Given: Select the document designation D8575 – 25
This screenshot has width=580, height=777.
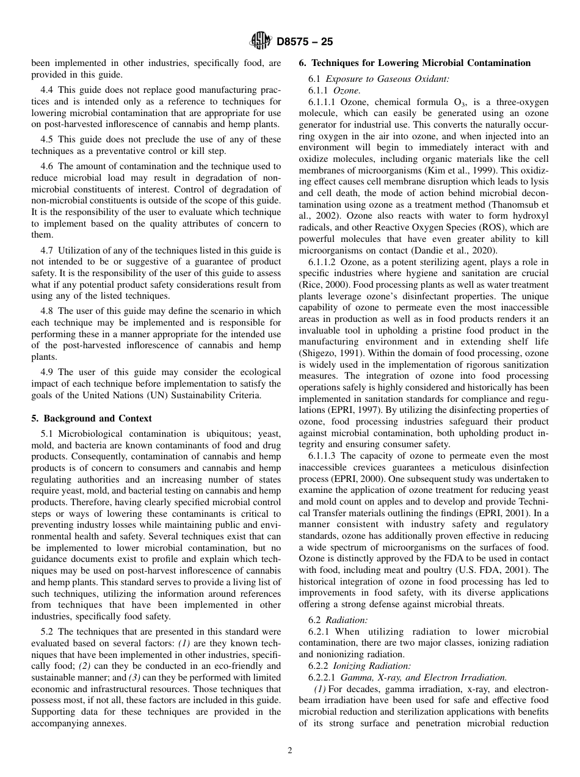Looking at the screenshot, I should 301,42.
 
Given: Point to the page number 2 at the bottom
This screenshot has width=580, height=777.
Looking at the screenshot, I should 290,751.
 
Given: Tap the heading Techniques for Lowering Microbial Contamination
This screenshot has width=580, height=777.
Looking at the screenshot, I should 415,63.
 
